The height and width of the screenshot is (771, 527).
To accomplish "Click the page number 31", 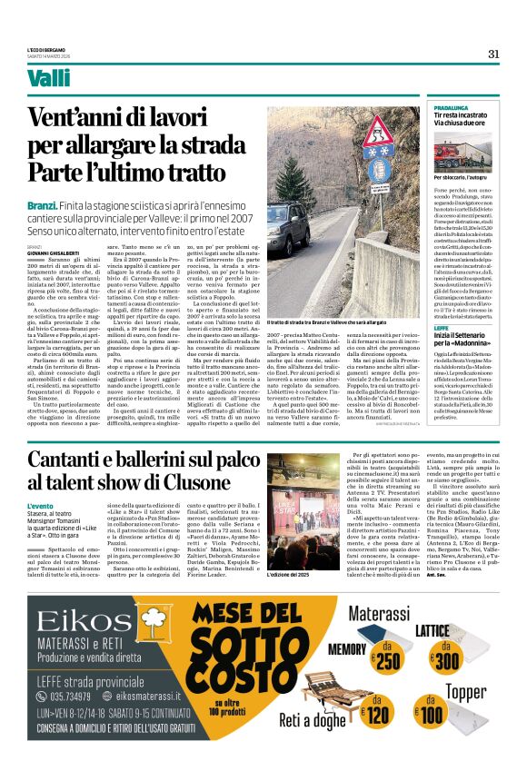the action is pos(494,54).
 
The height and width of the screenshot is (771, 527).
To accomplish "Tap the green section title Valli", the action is pos(48,79).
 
